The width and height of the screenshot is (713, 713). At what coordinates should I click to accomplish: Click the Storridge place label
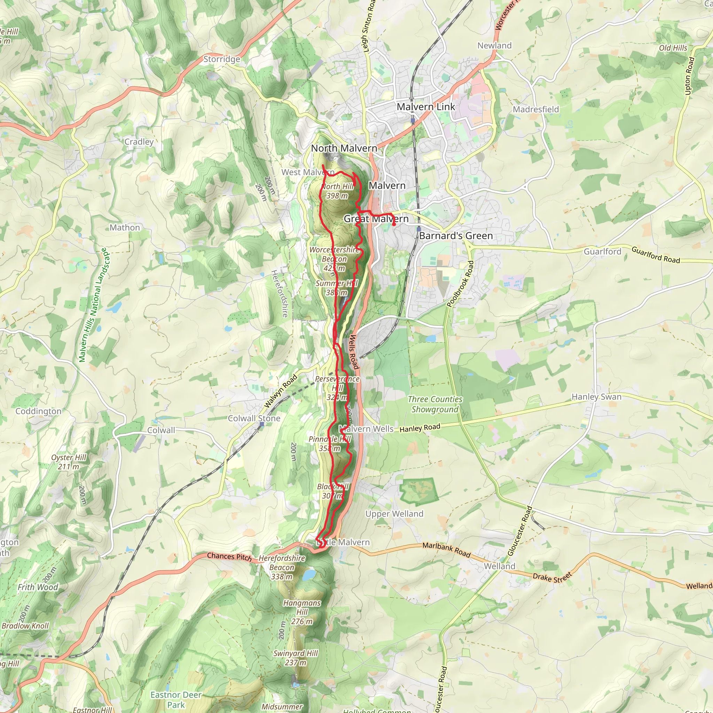pos(222,59)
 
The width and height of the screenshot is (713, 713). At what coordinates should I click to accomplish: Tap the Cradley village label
pos(139,142)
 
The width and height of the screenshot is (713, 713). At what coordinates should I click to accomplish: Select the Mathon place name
pos(125,228)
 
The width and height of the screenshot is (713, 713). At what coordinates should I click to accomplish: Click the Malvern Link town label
pos(426,107)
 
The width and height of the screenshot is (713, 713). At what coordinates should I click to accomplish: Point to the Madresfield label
pos(536,109)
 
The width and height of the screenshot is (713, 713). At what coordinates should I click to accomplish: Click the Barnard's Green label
pos(456,236)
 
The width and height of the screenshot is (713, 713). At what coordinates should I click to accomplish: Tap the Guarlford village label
pos(602,252)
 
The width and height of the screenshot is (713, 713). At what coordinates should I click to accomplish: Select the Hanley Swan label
pos(596,397)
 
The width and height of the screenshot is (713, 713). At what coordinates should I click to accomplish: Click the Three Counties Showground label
pos(435,404)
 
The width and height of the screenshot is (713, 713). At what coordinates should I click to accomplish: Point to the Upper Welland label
pos(394,514)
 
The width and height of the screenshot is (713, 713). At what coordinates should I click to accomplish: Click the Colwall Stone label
pos(254,418)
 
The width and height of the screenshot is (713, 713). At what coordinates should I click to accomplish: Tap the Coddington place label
pos(38,411)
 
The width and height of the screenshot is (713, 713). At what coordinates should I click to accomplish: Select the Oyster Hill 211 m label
pos(69,462)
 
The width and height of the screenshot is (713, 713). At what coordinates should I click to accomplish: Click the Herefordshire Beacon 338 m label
pos(282,567)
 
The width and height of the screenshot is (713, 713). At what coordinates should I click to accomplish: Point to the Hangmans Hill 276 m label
pos(302,612)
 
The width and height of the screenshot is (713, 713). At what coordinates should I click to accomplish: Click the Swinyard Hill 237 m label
pos(295,658)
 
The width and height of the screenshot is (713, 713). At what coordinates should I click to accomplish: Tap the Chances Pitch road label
pos(229,557)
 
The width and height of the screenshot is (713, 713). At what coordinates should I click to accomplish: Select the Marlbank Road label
pos(446,550)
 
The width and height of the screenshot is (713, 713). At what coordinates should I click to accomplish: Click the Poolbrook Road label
pos(460,284)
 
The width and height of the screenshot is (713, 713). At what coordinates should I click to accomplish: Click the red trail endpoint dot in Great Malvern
pos(394,224)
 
